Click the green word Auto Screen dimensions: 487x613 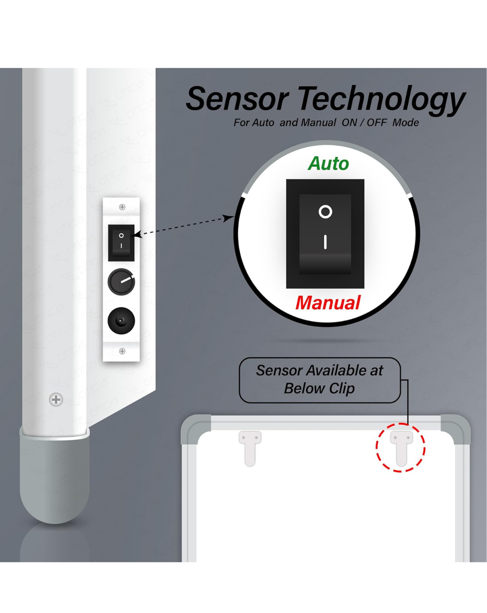point(328,164)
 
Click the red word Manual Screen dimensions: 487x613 point(328,302)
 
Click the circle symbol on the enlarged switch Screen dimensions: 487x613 point(325,212)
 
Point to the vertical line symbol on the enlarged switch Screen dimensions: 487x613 point(325,242)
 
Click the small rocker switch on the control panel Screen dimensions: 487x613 point(121,242)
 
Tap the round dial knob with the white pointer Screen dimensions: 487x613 point(121,282)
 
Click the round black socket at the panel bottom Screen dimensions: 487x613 point(121,320)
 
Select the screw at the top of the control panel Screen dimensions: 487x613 point(122,207)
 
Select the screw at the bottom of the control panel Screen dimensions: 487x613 point(122,351)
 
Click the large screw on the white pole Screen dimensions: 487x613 point(56,400)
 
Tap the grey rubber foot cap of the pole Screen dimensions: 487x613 point(55,477)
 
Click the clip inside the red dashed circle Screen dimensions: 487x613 point(401,448)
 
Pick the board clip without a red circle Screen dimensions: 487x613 point(250,448)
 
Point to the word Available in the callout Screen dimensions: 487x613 point(336,371)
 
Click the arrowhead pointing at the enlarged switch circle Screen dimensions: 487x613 point(229,218)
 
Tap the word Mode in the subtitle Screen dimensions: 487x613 point(405,123)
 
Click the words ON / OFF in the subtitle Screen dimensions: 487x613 point(364,123)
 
